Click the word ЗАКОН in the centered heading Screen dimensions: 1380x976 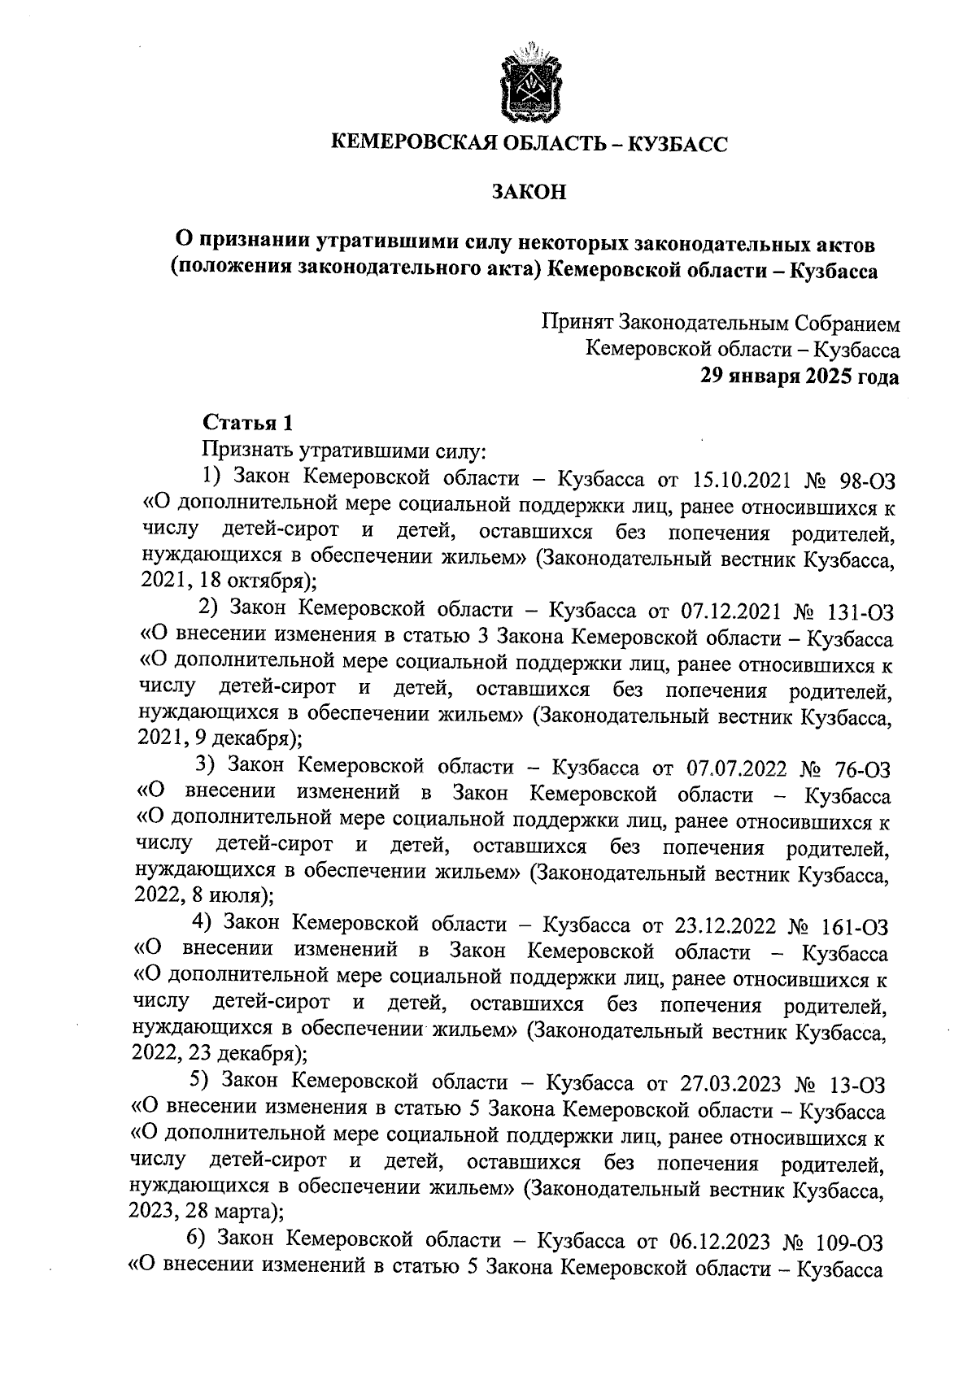click(529, 193)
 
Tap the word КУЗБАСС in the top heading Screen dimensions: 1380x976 click(678, 145)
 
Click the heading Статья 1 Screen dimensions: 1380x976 click(246, 423)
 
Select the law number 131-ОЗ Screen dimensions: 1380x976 click(856, 610)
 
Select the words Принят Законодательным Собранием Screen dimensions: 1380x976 click(721, 324)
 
